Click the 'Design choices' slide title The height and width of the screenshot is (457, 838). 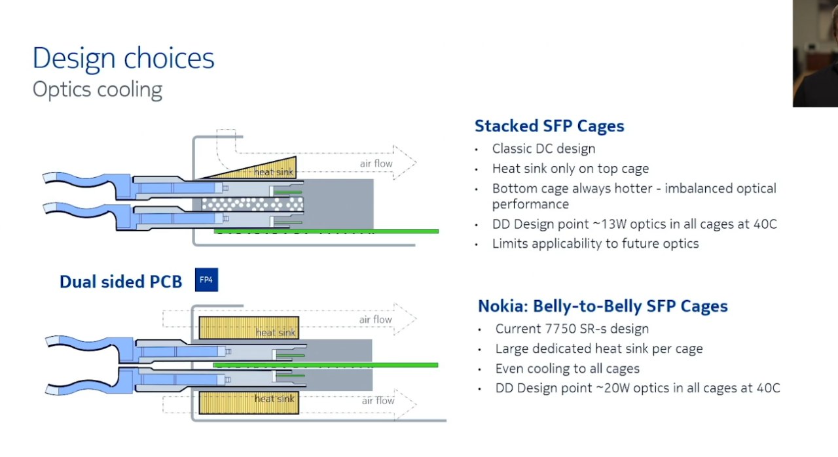[x=124, y=59]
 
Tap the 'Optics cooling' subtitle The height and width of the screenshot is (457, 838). [x=98, y=90]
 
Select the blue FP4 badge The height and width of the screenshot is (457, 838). [x=206, y=280]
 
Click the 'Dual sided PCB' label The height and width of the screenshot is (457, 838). [x=121, y=282]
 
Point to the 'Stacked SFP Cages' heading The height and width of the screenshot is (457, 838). [x=549, y=126]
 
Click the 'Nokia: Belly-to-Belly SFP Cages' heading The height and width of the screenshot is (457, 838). [x=603, y=307]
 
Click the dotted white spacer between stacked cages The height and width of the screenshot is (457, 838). [x=253, y=204]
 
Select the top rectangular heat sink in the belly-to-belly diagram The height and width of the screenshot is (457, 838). [x=249, y=328]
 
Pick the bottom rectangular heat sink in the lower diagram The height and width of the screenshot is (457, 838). [x=249, y=403]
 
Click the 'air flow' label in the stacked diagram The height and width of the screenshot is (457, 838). [x=376, y=163]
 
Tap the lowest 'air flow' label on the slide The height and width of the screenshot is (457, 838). [x=378, y=401]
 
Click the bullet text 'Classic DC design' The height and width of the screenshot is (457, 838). [x=543, y=148]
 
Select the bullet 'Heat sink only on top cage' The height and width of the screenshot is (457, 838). [x=570, y=169]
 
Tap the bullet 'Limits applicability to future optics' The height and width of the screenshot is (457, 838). [x=596, y=244]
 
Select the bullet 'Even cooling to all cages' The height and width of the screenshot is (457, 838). [x=568, y=369]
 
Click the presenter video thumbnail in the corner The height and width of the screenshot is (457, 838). [x=816, y=54]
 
